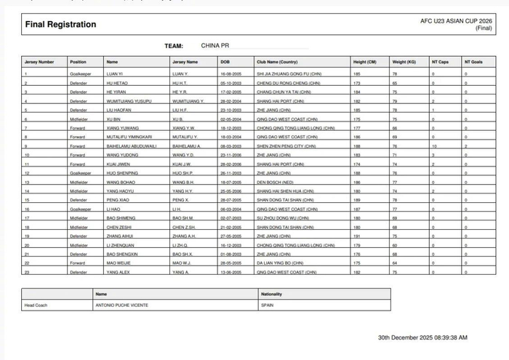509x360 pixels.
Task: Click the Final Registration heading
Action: (x=60, y=25)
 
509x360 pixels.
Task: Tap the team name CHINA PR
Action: (x=216, y=46)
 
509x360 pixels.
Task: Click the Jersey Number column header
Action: (x=39, y=62)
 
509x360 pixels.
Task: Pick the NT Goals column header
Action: (x=473, y=62)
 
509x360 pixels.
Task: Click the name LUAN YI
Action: (x=115, y=74)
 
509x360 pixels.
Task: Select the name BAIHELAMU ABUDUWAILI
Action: (x=132, y=145)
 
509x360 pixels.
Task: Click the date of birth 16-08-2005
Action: (x=231, y=74)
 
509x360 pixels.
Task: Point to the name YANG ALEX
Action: (x=118, y=272)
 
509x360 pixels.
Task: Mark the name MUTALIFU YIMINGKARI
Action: (x=129, y=137)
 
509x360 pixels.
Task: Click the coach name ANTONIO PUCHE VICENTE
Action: (x=121, y=305)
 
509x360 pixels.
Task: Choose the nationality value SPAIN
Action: (x=267, y=305)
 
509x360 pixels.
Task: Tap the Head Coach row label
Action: (x=36, y=305)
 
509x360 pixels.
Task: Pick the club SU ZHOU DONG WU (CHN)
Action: (x=283, y=217)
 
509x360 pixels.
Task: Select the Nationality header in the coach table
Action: (x=271, y=294)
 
